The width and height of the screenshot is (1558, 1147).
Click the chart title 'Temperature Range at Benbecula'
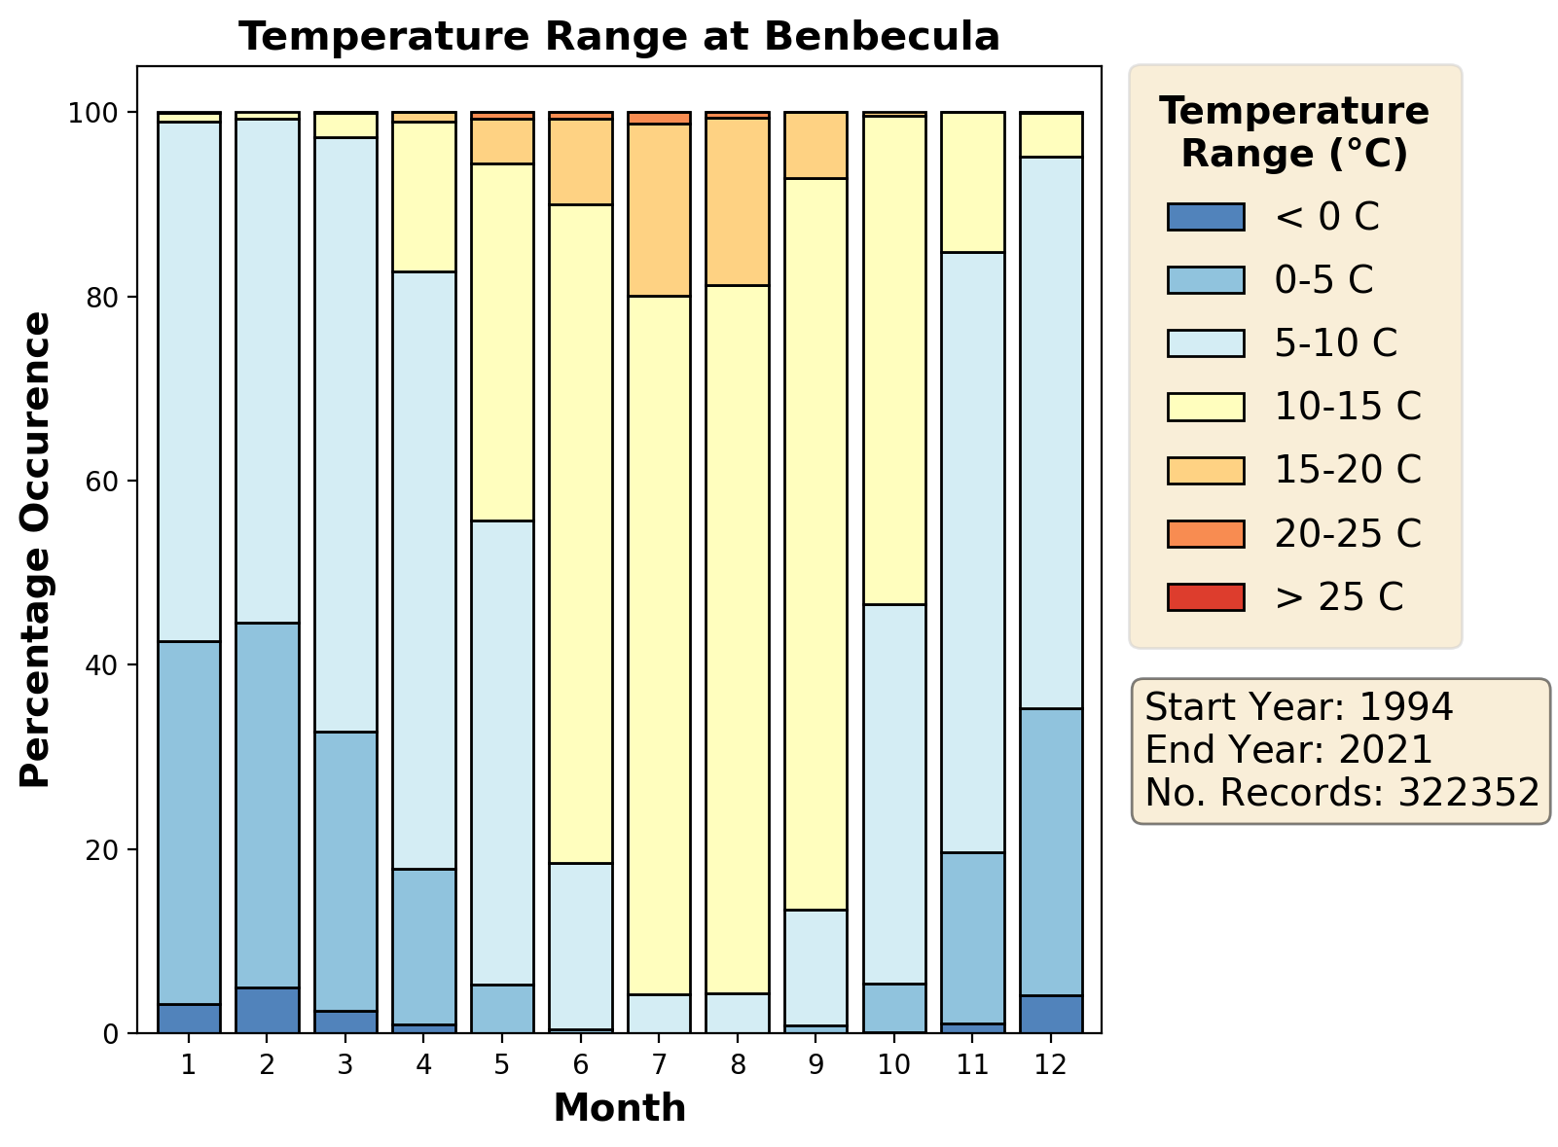click(x=619, y=37)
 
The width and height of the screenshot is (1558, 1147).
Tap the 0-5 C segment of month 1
click(x=189, y=822)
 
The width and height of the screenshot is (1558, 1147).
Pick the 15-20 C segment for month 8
click(x=738, y=201)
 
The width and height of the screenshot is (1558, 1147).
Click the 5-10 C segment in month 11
click(x=972, y=552)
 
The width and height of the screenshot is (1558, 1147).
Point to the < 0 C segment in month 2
click(x=267, y=1010)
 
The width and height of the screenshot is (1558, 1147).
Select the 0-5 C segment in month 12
click(x=1051, y=851)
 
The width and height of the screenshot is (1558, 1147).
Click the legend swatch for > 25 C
click(x=1205, y=596)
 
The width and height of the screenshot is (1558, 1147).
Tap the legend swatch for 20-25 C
click(x=1205, y=533)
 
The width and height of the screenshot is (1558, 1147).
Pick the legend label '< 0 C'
click(x=1326, y=217)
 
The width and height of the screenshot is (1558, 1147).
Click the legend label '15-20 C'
click(x=1348, y=470)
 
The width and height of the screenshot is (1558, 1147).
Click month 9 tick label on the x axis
click(x=815, y=1064)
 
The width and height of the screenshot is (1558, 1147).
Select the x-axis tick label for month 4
click(x=423, y=1064)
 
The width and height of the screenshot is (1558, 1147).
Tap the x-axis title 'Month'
click(x=619, y=1108)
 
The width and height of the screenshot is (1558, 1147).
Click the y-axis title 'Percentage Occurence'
click(x=36, y=550)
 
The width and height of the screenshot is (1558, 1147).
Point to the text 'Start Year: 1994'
click(x=1299, y=707)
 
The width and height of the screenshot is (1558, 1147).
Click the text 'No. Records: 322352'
click(x=1342, y=793)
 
